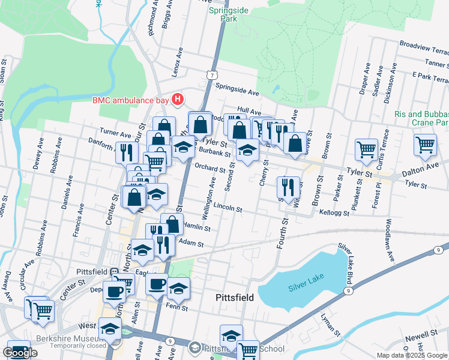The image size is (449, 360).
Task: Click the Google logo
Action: (20, 353)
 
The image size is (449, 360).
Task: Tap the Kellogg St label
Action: (334, 212)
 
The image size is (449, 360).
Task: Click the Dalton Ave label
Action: (420, 172)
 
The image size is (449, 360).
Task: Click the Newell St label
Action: (421, 334)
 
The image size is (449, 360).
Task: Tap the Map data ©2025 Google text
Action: (412, 355)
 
